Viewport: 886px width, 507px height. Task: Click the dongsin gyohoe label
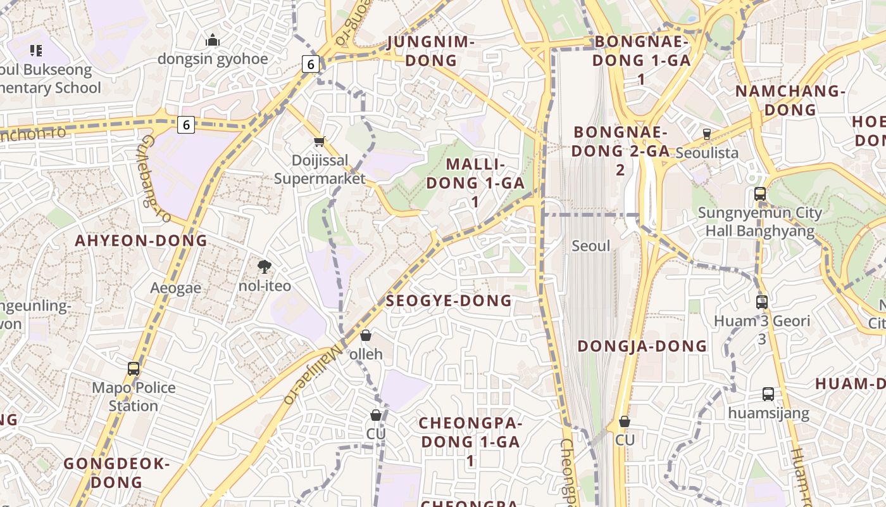(x=213, y=59)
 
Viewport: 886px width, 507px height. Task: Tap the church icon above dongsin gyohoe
(x=213, y=41)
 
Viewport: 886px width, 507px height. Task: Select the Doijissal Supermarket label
(x=320, y=169)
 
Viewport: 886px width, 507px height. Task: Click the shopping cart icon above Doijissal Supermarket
(x=320, y=142)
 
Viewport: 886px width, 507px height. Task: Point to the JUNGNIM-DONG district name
(x=430, y=51)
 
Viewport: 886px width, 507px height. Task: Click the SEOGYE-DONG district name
(x=449, y=301)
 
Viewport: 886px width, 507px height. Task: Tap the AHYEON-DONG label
(x=141, y=241)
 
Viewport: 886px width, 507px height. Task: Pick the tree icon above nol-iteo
(x=265, y=267)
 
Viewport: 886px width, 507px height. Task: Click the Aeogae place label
(x=176, y=288)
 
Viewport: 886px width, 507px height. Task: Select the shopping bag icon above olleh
(x=366, y=335)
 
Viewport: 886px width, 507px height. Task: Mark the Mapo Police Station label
(x=134, y=396)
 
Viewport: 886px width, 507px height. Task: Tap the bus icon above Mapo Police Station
(x=134, y=369)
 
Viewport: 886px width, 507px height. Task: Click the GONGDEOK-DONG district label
(x=117, y=473)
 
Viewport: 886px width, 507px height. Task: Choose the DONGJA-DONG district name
(x=642, y=346)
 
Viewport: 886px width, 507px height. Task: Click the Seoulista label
(x=707, y=153)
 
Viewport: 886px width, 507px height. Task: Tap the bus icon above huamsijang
(x=768, y=394)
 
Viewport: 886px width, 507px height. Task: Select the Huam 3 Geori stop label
(x=762, y=321)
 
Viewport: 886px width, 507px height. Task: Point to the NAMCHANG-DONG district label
(x=790, y=100)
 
